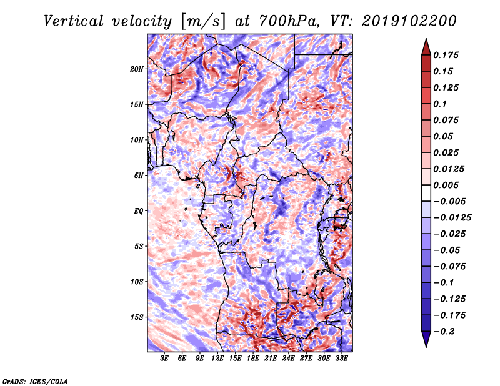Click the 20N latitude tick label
click(137, 69)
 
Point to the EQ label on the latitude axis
click(139, 211)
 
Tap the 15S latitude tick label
click(137, 317)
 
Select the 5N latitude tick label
click(139, 176)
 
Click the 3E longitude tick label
click(164, 358)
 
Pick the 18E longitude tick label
click(253, 358)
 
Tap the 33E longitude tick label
click(341, 358)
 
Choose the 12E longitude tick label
click(217, 358)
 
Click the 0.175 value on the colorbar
click(446, 55)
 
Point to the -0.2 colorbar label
click(444, 332)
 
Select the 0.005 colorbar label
click(446, 185)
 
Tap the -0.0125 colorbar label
click(452, 218)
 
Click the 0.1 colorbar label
click(440, 104)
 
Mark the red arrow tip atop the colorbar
click(426, 39)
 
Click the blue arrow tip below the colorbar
click(426, 347)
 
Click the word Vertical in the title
click(74, 21)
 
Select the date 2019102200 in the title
click(409, 21)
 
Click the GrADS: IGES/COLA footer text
click(35, 381)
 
